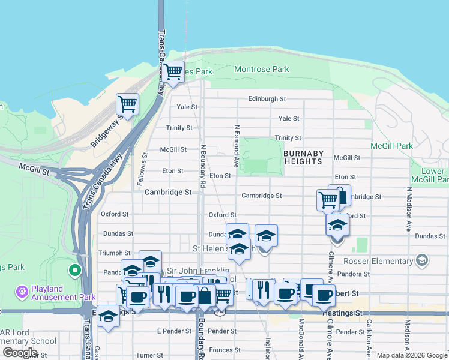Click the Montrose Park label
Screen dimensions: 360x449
click(261, 70)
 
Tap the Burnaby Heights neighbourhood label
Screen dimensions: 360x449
click(304, 157)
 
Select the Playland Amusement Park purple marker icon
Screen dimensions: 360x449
click(22, 291)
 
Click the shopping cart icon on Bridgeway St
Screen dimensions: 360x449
click(127, 104)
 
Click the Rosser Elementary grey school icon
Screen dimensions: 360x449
click(423, 260)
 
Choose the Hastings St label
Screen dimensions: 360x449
click(343, 313)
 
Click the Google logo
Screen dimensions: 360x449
click(20, 353)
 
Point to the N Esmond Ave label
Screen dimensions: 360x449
click(237, 146)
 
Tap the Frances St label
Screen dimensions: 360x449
click(224, 350)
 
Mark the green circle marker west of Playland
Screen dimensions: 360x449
click(75, 271)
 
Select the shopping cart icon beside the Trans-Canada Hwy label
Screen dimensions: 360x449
click(173, 71)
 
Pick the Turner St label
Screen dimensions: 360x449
click(146, 355)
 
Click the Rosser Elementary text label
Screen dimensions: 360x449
click(378, 261)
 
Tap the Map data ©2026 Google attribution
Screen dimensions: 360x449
click(411, 355)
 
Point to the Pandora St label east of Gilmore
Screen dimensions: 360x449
click(360, 274)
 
